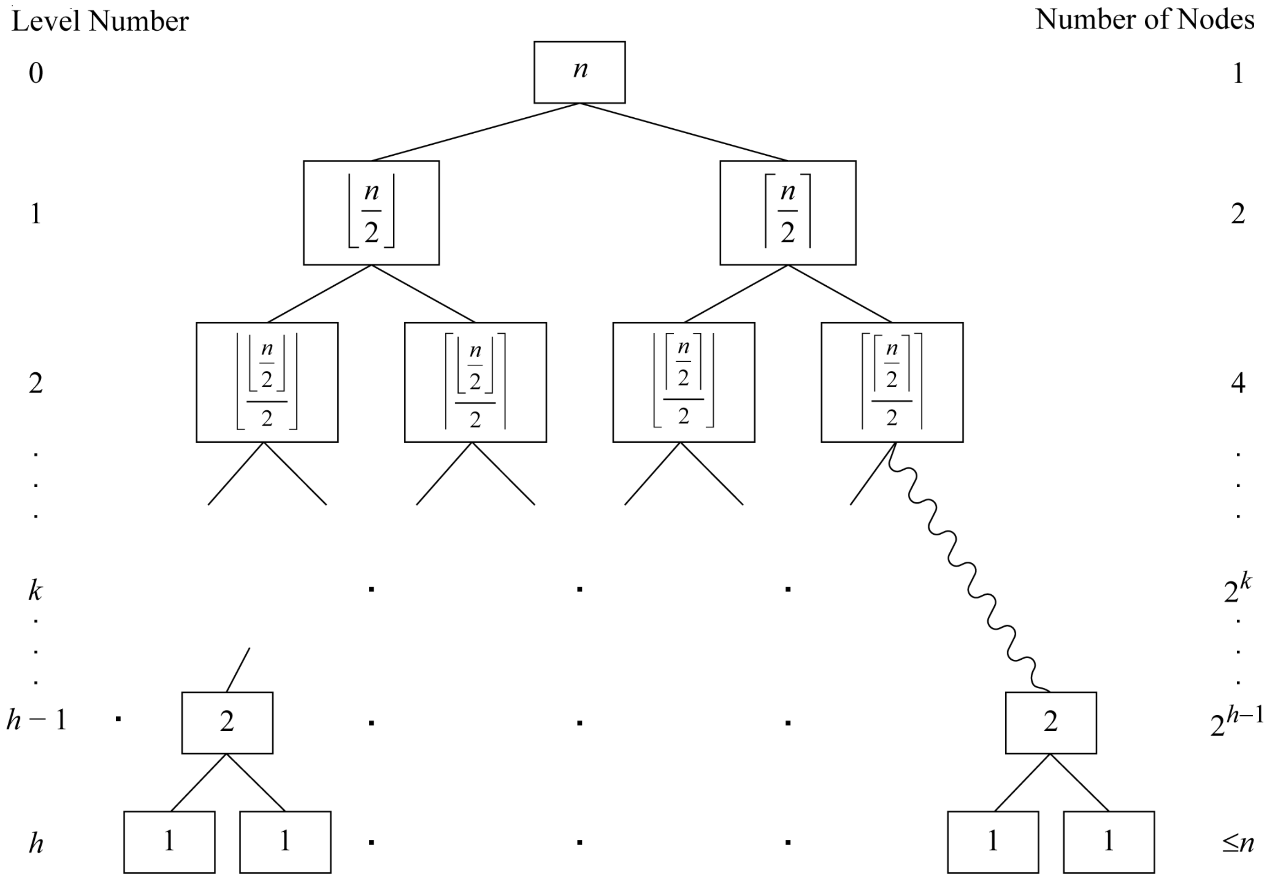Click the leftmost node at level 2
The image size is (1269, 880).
click(x=267, y=382)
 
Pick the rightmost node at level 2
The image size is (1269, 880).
click(x=892, y=382)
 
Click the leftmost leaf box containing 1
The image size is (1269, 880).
click(x=169, y=842)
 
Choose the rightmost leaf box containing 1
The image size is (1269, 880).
click(x=1108, y=842)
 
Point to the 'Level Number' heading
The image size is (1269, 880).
click(x=100, y=21)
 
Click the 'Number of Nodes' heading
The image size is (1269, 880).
click(x=1145, y=20)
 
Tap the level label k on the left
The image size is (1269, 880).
click(x=35, y=591)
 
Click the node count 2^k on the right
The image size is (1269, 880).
click(x=1237, y=589)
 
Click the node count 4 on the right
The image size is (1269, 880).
click(x=1238, y=383)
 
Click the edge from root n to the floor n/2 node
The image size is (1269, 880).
click(x=475, y=132)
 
